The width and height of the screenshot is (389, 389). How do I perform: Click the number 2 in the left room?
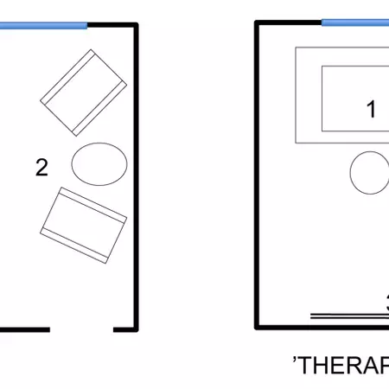[41, 168]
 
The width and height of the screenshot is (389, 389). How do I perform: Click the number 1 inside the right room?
[372, 110]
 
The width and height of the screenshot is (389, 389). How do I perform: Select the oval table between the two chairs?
[99, 163]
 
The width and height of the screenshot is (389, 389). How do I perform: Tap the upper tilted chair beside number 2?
[83, 93]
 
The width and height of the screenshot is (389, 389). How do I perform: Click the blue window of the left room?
[43, 25]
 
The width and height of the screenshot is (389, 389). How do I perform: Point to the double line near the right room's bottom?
[346, 315]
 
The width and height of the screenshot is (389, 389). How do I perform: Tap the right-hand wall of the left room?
[136, 173]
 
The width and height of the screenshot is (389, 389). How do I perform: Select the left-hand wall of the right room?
[256, 173]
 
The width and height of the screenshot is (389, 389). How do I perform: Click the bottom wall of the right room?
[320, 327]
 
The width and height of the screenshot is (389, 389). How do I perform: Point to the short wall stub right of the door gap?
[124, 328]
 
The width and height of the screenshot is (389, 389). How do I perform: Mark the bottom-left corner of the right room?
[257, 327]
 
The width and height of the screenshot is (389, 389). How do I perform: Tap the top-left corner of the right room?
[257, 24]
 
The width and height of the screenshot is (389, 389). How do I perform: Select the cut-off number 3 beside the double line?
[386, 303]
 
